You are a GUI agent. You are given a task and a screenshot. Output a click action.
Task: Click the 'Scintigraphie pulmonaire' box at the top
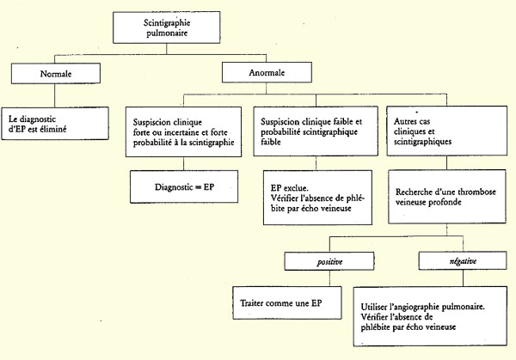point(167,27)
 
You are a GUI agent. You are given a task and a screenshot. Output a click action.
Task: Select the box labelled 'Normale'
point(56,73)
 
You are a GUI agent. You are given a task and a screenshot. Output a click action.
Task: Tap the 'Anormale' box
point(267,72)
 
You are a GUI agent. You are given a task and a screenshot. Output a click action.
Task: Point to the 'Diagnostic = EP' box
point(184,186)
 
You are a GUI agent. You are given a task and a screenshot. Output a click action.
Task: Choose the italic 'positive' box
point(329,261)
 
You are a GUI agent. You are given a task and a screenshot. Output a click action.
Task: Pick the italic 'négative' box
point(463,260)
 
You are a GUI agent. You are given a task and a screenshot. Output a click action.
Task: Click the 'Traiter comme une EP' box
point(287,302)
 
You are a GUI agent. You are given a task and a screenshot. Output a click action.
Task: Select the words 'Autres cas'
point(412,121)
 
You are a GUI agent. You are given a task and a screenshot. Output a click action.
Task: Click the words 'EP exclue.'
point(290,188)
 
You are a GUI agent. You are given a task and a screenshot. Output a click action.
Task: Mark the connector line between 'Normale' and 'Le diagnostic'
point(55,95)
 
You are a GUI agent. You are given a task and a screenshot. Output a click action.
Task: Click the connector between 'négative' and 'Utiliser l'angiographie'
point(463,278)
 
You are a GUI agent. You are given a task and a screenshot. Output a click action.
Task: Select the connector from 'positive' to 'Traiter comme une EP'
point(329,278)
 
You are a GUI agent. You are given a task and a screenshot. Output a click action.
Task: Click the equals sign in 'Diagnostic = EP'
point(198,187)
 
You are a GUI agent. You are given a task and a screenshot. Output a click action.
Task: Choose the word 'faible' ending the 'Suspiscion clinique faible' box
point(271,142)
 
